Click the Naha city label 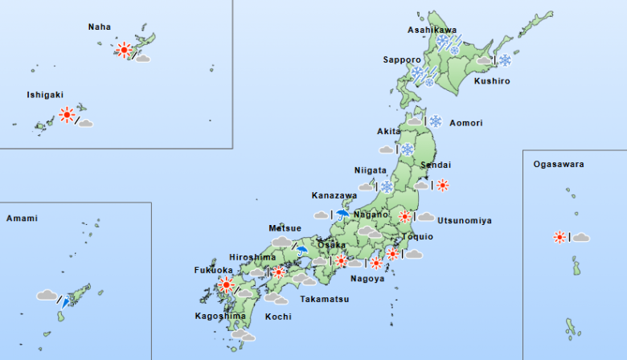(x=100, y=27)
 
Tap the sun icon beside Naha (x=124, y=50)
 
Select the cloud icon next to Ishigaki (x=85, y=123)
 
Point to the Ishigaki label (x=44, y=94)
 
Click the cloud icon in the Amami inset (x=47, y=296)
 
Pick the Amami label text (x=22, y=218)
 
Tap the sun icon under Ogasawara (x=559, y=237)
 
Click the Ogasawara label (x=558, y=165)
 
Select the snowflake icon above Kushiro (x=505, y=59)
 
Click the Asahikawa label (x=432, y=30)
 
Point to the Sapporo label (x=402, y=59)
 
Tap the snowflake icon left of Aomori (x=436, y=121)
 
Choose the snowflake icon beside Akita (x=408, y=149)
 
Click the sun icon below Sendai (x=441, y=185)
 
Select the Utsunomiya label (x=465, y=220)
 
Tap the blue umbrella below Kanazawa (x=344, y=215)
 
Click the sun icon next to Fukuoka (x=227, y=284)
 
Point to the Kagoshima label (x=220, y=316)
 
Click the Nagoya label (x=367, y=279)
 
